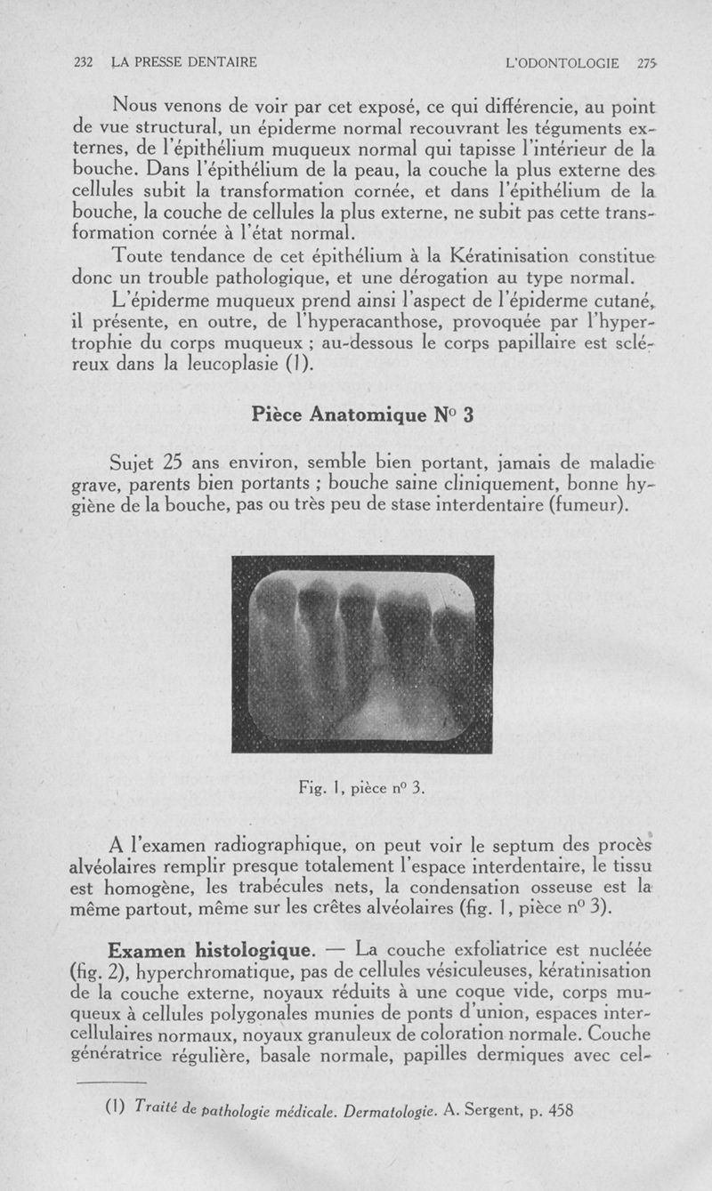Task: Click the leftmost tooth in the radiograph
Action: point(278,640)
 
